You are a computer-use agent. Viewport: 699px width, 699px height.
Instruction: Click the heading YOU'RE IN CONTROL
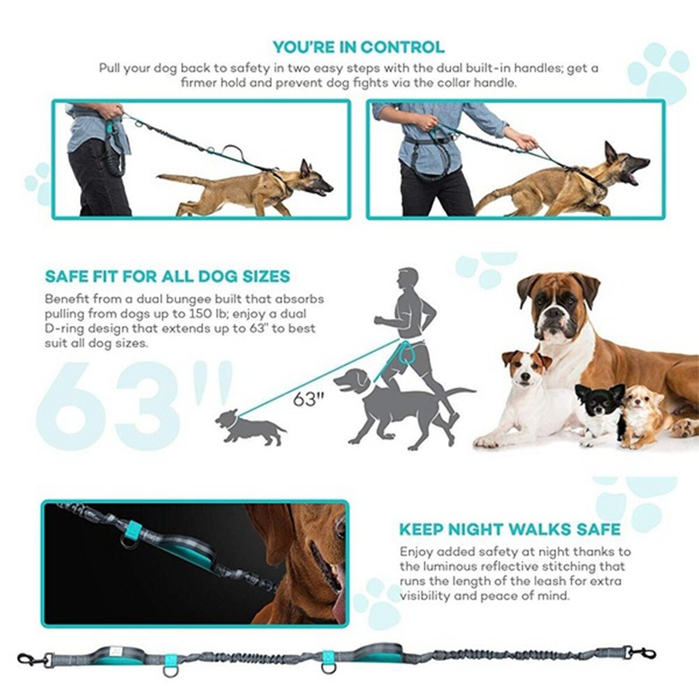coord(358,47)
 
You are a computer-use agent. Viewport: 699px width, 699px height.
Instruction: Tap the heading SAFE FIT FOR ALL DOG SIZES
coord(167,276)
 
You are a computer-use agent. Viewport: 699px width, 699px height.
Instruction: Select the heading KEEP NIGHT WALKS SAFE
coord(510,529)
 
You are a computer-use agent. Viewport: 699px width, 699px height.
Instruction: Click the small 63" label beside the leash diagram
coord(308,399)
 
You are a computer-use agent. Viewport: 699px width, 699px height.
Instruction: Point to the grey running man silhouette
coord(411,326)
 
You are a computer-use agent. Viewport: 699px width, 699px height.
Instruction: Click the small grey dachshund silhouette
coord(248,428)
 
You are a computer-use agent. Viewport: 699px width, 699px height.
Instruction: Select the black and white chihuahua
coord(597,411)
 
